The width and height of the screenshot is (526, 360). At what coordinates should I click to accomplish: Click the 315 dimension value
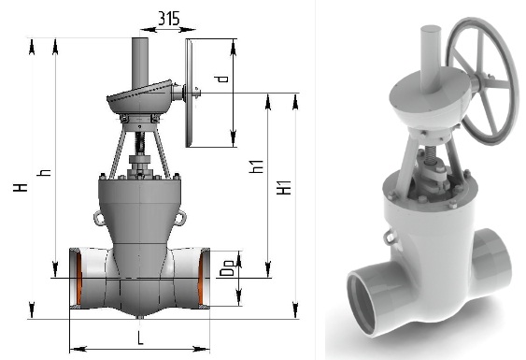pyautogui.click(x=169, y=19)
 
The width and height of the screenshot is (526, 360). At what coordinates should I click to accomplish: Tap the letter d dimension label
pyautogui.click(x=221, y=79)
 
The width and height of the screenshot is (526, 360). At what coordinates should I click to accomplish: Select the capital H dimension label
pyautogui.click(x=21, y=187)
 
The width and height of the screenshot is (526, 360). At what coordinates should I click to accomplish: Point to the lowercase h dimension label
pyautogui.click(x=44, y=172)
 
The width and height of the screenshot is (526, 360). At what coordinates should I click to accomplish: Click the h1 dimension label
pyautogui.click(x=257, y=166)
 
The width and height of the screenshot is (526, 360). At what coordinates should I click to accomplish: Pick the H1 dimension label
pyautogui.click(x=284, y=187)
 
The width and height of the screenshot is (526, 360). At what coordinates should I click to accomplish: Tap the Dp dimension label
pyautogui.click(x=227, y=268)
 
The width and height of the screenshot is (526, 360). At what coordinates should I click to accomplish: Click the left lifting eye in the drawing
pyautogui.click(x=98, y=218)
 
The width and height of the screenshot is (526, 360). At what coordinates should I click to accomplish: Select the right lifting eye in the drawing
pyautogui.click(x=181, y=218)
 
